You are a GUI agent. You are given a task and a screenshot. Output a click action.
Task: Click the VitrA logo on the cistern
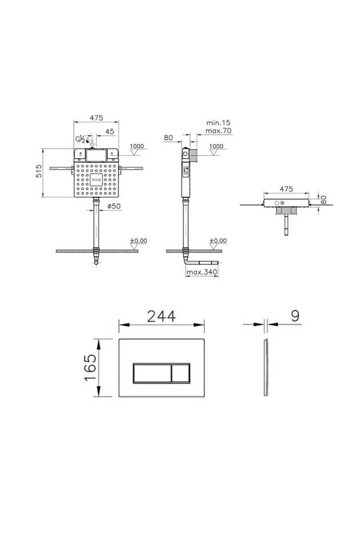click(96, 179)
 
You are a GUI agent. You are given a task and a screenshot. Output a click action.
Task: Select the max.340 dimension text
click(202, 272)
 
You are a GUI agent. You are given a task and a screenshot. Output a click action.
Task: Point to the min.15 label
click(218, 123)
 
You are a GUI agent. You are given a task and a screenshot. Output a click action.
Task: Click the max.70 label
click(218, 131)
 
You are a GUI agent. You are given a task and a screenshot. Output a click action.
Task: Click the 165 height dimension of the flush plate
click(90, 367)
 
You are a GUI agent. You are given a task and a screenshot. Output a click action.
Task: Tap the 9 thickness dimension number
click(295, 316)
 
